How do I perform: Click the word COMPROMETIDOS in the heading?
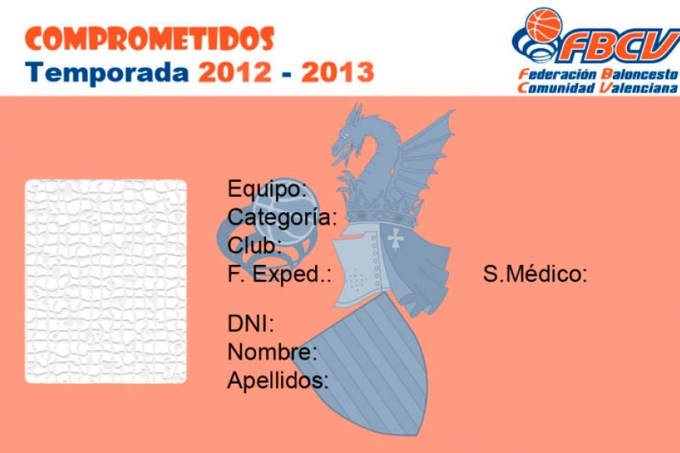point(150,39)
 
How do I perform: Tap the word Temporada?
point(107,72)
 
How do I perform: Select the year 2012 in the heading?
point(235,72)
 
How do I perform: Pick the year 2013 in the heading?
point(338,72)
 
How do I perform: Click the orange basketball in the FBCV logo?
point(544,25)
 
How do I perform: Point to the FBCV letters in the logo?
point(621,46)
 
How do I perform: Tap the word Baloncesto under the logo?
point(639,74)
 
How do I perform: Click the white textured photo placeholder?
point(106,282)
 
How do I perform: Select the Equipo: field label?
point(267,190)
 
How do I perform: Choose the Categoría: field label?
point(283,217)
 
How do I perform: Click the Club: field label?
point(255,245)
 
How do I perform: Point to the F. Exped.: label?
point(280,274)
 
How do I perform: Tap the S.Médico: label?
point(535,274)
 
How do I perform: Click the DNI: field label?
point(251,323)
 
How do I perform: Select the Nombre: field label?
point(272,352)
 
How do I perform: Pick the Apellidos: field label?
point(278,381)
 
